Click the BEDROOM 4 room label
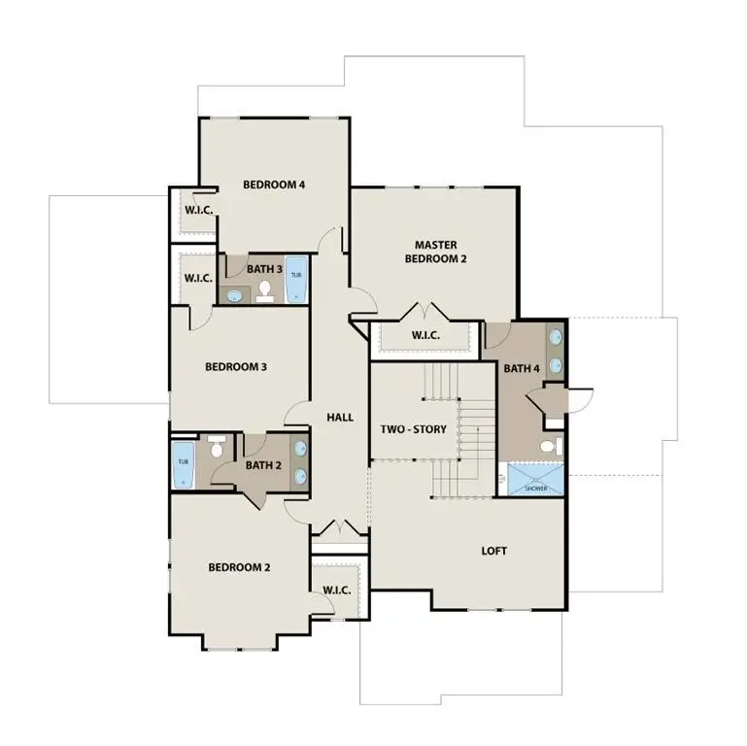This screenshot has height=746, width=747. click(274, 185)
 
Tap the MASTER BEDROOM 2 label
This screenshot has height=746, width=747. click(436, 252)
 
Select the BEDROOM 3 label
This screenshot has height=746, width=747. click(236, 367)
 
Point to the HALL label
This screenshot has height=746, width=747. click(340, 417)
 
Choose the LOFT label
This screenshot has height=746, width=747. click(494, 551)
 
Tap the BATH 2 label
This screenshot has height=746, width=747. click(263, 465)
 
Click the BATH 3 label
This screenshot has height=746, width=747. click(264, 269)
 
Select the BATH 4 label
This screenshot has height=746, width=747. click(522, 368)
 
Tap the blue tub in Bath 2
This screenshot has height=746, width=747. click(184, 464)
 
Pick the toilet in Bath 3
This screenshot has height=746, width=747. click(264, 290)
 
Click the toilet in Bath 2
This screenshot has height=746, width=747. click(217, 448)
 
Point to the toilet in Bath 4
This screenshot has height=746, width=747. click(550, 447)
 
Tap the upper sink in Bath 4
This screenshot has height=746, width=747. click(556, 339)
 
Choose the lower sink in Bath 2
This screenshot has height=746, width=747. click(299, 476)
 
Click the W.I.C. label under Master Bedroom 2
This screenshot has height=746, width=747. click(425, 335)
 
